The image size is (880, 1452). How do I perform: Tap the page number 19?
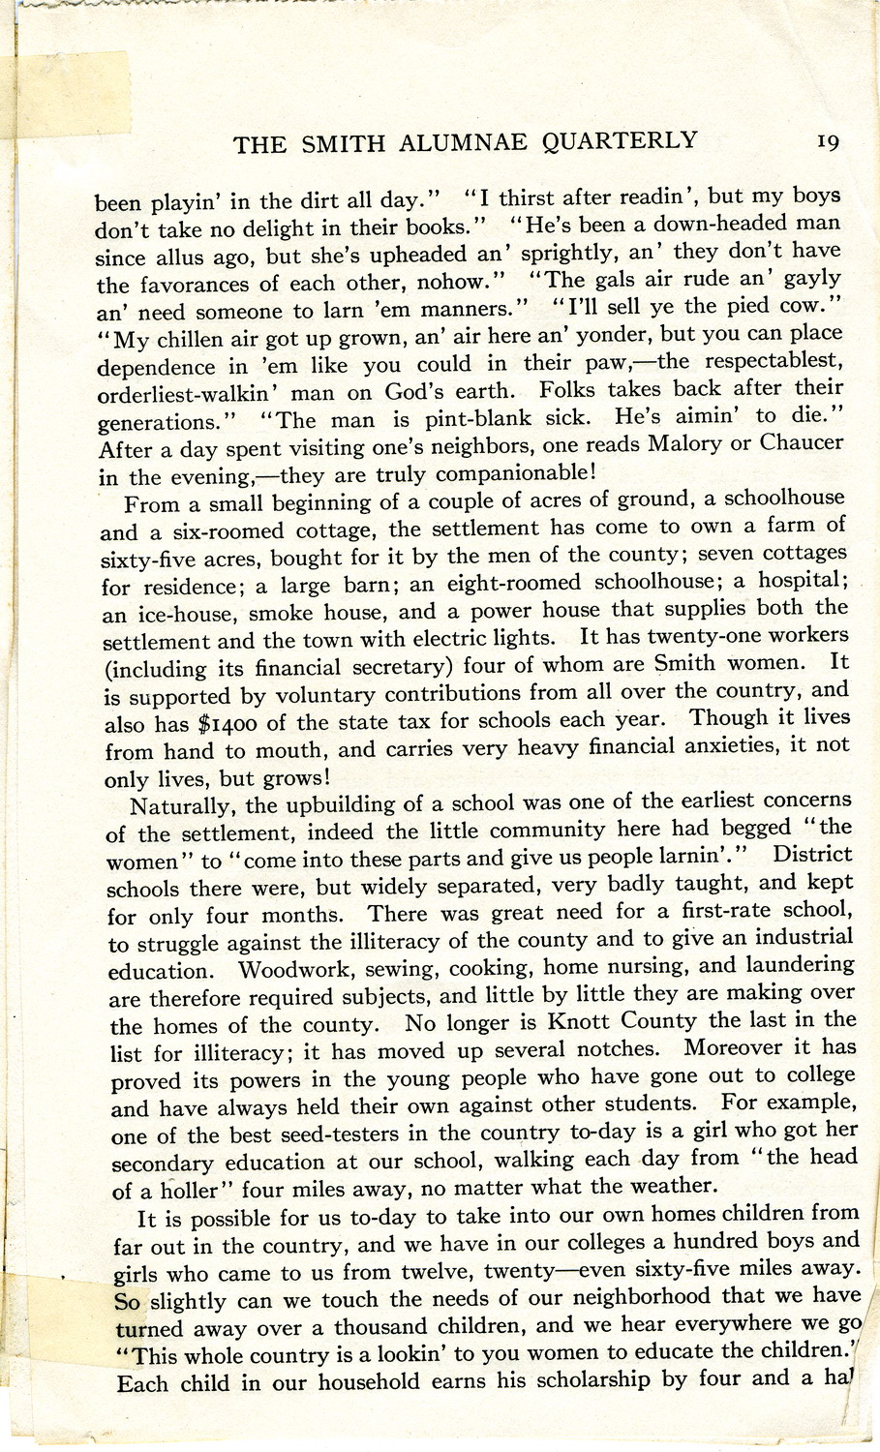[x=828, y=141]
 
